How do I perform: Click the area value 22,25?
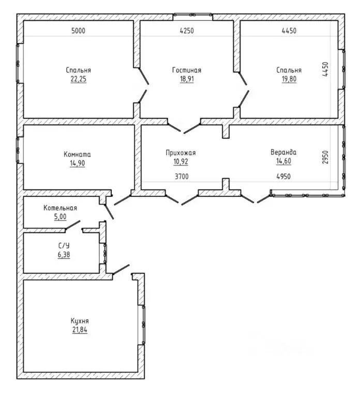(x=78, y=79)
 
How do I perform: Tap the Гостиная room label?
(x=187, y=70)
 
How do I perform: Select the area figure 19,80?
(x=289, y=79)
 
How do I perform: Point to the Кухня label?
(x=80, y=321)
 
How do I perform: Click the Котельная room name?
(x=60, y=208)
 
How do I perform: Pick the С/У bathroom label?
(x=64, y=246)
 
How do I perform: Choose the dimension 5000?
(x=78, y=31)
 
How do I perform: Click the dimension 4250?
(x=187, y=31)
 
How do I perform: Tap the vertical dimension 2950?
(x=325, y=157)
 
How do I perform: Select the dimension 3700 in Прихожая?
(x=182, y=176)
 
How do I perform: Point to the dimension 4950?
(x=283, y=176)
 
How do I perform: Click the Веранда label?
(x=283, y=152)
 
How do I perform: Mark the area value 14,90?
(x=77, y=163)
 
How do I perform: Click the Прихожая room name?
(x=181, y=152)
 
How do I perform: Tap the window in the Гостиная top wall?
(x=193, y=15)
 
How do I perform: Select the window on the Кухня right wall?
(x=143, y=325)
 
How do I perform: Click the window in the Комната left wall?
(x=18, y=150)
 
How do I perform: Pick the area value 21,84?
(x=80, y=330)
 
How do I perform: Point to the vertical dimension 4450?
(x=325, y=69)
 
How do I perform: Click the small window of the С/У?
(x=105, y=253)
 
